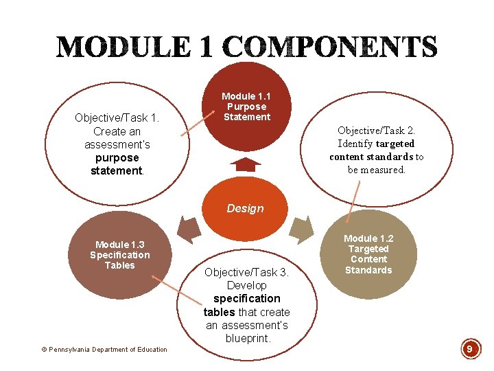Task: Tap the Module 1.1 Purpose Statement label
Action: [246, 106]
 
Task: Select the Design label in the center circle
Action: [245, 208]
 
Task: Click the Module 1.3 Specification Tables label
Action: [119, 255]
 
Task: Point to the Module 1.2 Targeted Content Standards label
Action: [368, 254]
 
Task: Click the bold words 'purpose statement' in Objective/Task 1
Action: [117, 164]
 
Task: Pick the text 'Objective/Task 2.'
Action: [376, 130]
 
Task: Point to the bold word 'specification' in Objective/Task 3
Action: [247, 298]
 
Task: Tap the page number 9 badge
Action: [469, 349]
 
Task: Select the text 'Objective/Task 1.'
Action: [117, 117]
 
